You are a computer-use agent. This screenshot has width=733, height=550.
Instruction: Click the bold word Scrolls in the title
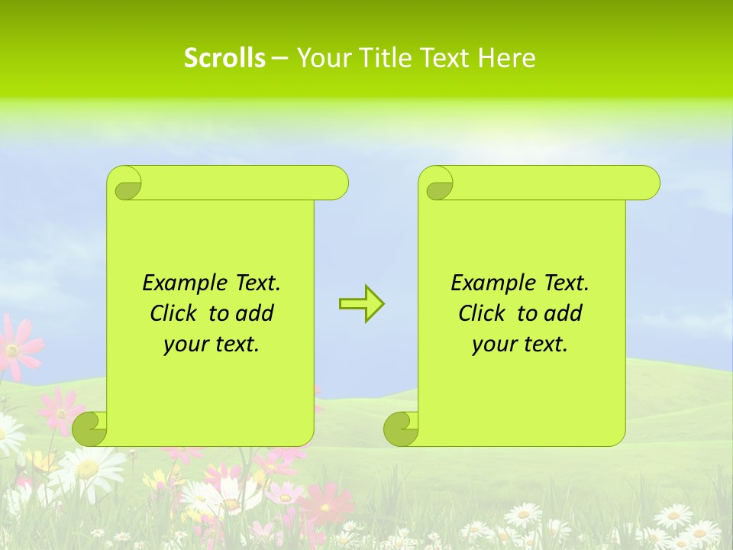tap(224, 58)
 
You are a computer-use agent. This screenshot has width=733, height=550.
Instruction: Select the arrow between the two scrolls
tap(361, 304)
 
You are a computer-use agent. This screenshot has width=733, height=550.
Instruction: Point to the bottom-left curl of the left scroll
tap(89, 429)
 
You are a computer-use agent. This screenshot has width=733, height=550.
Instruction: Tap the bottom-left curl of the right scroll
tap(401, 429)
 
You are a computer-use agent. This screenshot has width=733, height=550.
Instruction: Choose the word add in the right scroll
tap(563, 313)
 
